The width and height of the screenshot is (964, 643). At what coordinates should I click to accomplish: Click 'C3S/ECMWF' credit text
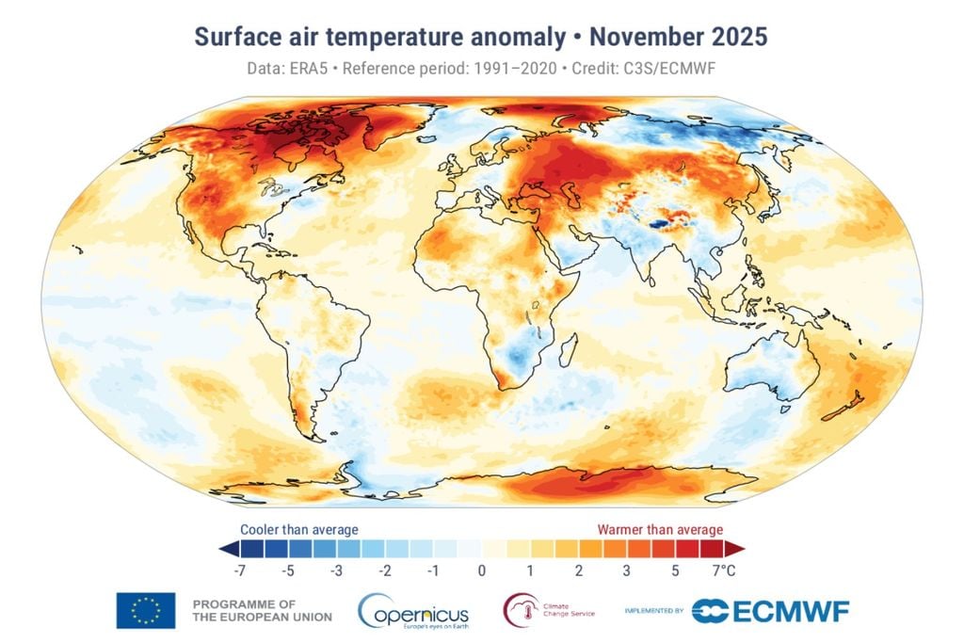pyautogui.click(x=682, y=70)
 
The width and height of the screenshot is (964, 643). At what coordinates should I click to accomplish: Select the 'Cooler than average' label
pyautogui.click(x=298, y=530)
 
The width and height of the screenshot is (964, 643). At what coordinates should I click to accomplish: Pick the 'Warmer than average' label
pyautogui.click(x=660, y=530)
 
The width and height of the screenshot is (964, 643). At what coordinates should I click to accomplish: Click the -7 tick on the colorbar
pyautogui.click(x=239, y=570)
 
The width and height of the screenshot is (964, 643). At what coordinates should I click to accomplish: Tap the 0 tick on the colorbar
pyautogui.click(x=481, y=570)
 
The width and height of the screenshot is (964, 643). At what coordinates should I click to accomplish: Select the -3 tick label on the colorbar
pyautogui.click(x=336, y=570)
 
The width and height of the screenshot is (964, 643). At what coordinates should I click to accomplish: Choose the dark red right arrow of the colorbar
pyautogui.click(x=735, y=549)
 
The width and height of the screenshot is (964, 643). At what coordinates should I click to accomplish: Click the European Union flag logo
pyautogui.click(x=146, y=610)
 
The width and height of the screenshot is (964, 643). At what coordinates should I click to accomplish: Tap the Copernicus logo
pyautogui.click(x=413, y=611)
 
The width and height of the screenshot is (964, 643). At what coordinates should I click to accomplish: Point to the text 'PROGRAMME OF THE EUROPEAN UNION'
pyautogui.click(x=262, y=610)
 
